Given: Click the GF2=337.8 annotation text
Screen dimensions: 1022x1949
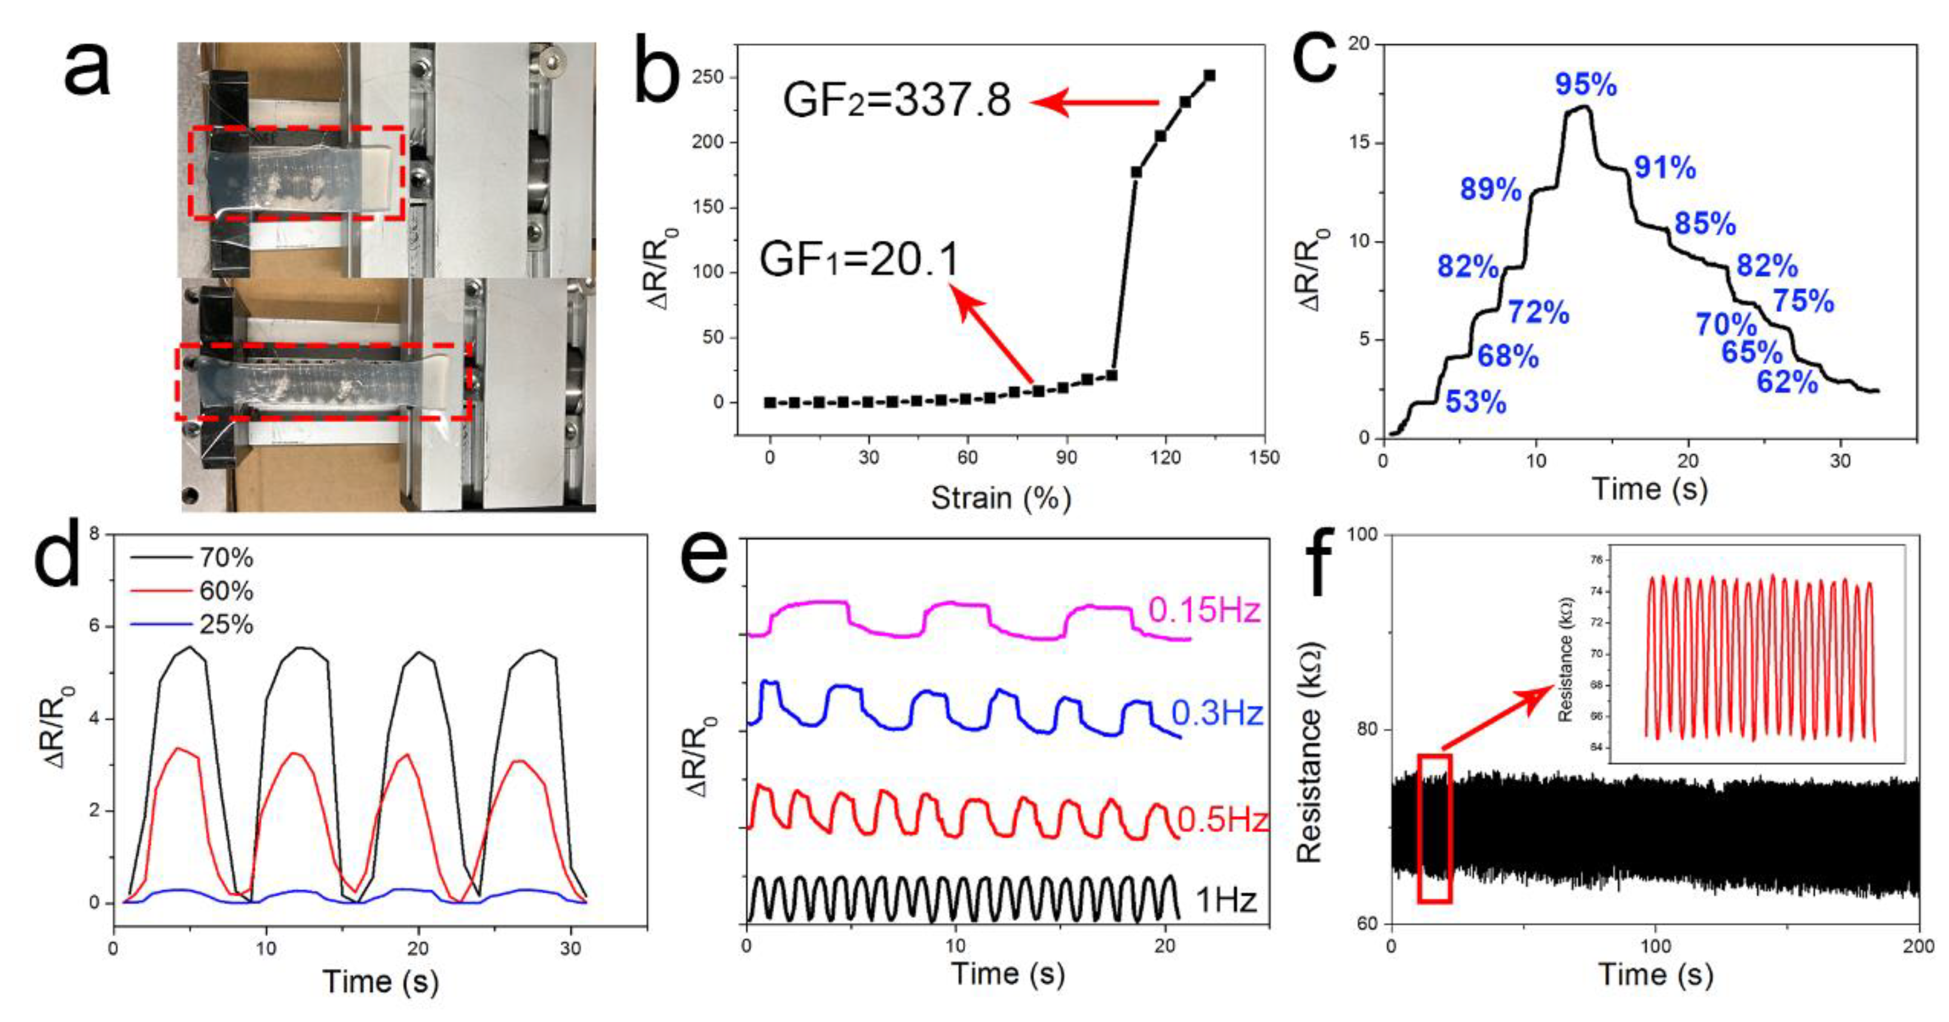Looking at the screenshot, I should click(896, 102).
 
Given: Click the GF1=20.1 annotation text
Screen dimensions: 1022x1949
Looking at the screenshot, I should click(859, 260).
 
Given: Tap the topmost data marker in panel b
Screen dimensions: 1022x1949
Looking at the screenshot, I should click(1209, 76).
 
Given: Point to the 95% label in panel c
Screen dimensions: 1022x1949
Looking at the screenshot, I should click(1586, 85).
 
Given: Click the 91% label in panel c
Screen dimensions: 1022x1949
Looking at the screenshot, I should click(1664, 167).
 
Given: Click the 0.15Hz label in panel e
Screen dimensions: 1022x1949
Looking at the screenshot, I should click(1203, 610).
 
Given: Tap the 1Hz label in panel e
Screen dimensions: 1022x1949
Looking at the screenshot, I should click(1226, 901).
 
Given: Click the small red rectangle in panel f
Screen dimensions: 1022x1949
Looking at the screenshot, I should click(1434, 829).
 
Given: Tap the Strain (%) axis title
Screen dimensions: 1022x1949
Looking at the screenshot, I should click(1000, 498).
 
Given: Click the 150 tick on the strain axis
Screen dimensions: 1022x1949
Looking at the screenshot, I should click(1263, 457).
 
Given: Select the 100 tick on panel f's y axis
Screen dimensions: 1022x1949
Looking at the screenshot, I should click(1362, 535).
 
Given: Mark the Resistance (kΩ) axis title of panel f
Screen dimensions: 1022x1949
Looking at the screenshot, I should click(1309, 754).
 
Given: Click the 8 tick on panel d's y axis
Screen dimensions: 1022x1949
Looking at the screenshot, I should click(95, 535).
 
